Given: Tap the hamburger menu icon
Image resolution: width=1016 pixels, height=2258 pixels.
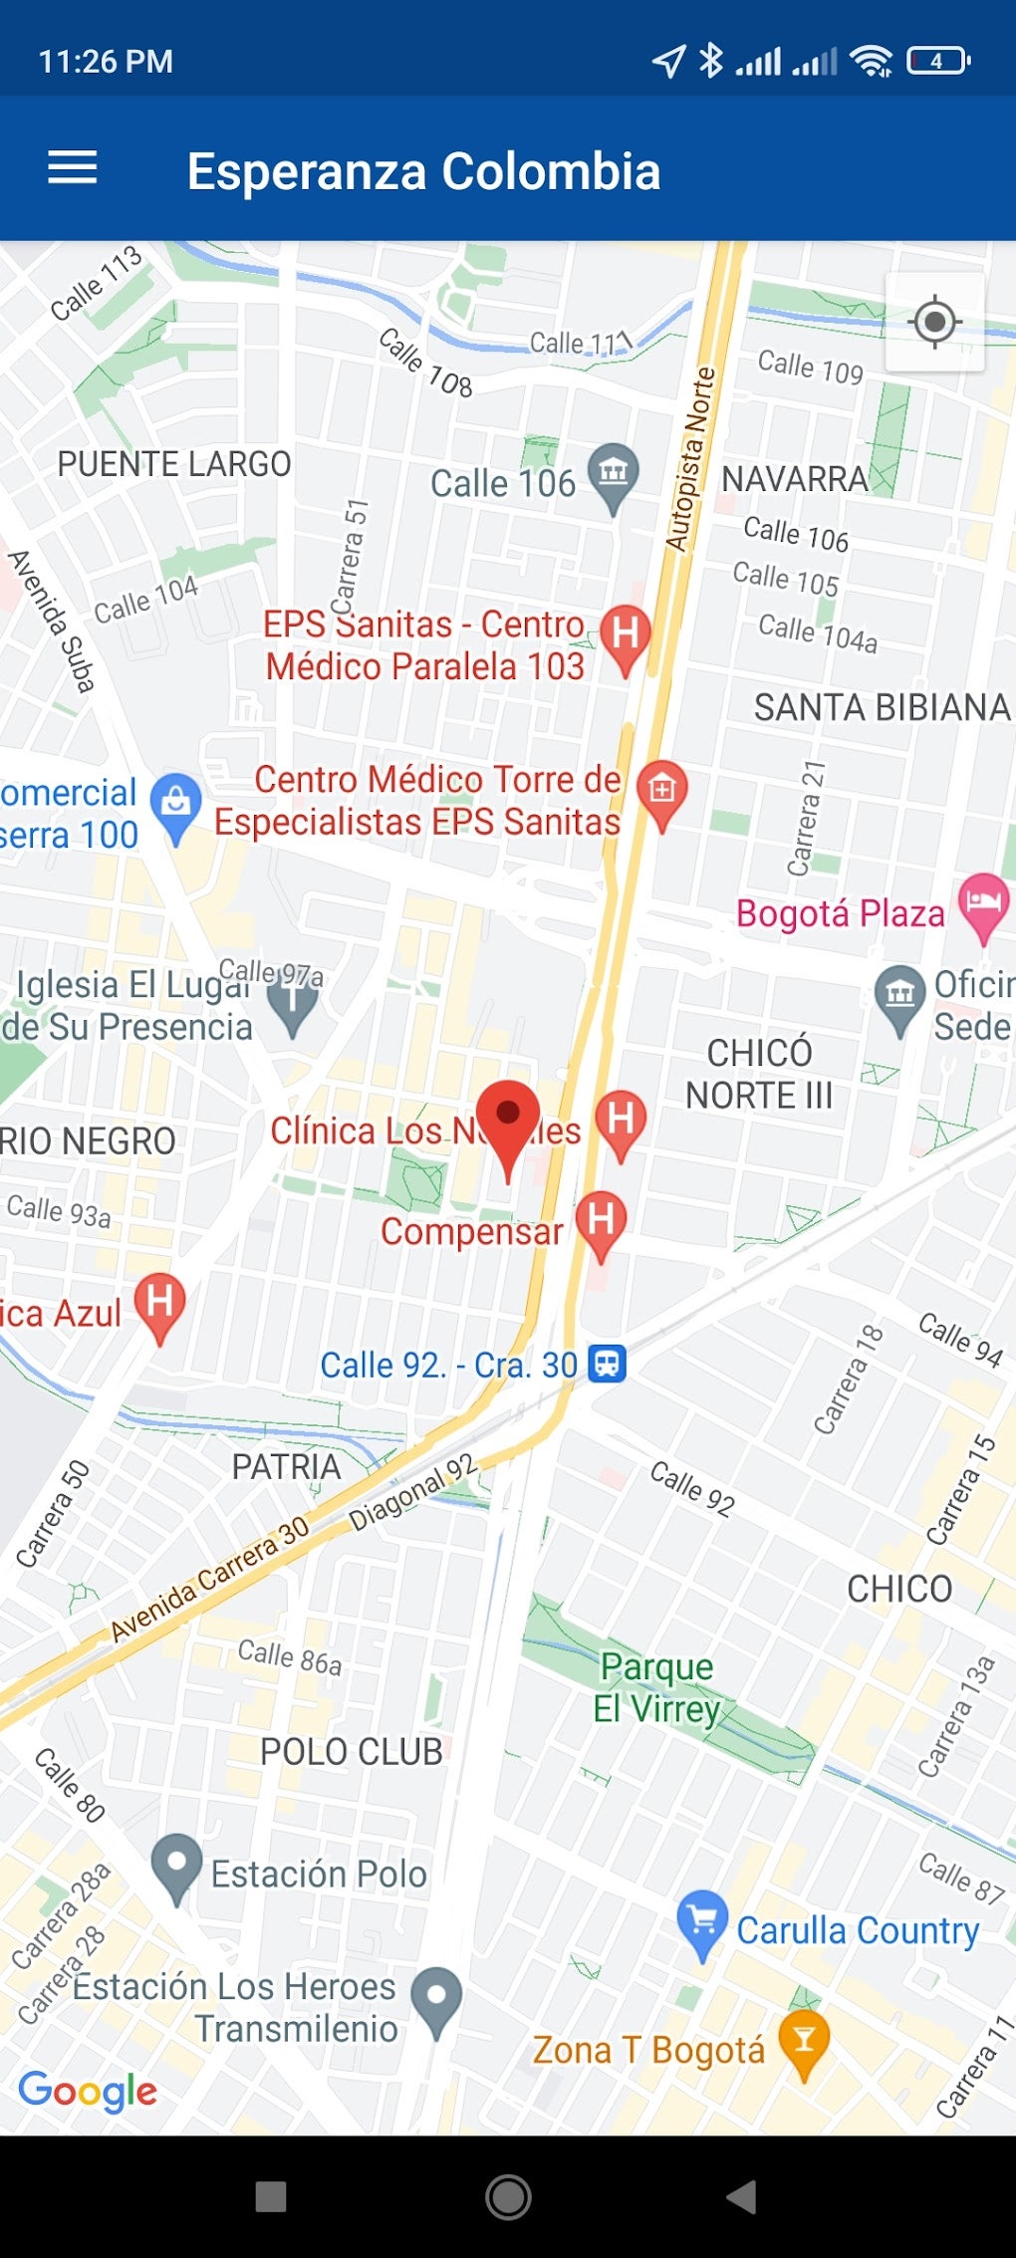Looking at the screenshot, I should (x=73, y=167).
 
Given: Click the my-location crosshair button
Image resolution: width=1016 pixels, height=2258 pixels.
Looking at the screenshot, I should (x=934, y=322).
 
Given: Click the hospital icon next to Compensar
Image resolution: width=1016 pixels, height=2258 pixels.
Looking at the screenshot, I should (x=601, y=1221).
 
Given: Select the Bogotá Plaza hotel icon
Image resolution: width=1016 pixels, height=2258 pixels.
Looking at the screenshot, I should (x=983, y=902).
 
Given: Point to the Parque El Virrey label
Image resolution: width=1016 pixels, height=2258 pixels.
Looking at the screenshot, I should (x=656, y=1687).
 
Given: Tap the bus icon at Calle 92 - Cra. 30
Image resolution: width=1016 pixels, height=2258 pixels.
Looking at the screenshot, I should (x=607, y=1363).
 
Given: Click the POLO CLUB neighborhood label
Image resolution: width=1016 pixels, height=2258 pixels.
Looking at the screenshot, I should (x=352, y=1752).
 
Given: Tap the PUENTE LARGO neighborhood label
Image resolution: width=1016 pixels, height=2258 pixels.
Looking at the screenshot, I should (x=174, y=464).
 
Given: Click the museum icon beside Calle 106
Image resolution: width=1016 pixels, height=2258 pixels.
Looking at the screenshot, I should (x=613, y=473).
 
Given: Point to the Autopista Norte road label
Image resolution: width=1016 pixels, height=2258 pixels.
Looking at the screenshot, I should (x=690, y=459).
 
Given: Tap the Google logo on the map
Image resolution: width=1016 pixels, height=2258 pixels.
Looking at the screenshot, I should (x=88, y=2091).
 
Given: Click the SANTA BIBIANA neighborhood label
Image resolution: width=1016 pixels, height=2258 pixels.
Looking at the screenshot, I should (x=882, y=707).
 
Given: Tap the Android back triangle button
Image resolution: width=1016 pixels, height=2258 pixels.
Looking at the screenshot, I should (x=742, y=2196).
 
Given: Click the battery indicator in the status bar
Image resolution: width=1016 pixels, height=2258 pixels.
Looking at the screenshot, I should (x=937, y=62).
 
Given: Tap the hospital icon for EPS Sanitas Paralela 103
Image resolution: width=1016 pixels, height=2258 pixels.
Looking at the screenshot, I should (x=625, y=634).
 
